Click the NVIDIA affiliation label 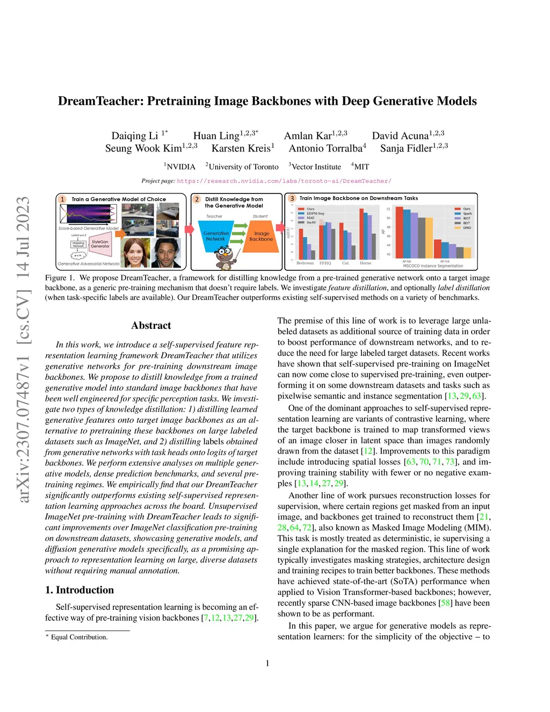pyautogui.click(x=180, y=167)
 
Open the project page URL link pyautogui.click(x=284, y=181)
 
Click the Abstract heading pyautogui.click(x=151, y=325)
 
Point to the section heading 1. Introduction pyautogui.click(x=79, y=589)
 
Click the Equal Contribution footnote pyautogui.click(x=79, y=637)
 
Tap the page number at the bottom pyautogui.click(x=267, y=663)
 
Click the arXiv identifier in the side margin pyautogui.click(x=23, y=349)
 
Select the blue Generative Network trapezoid pyautogui.click(x=216, y=236)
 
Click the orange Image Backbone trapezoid pyautogui.click(x=262, y=236)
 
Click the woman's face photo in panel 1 pyautogui.click(x=135, y=253)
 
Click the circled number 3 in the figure pyautogui.click(x=292, y=198)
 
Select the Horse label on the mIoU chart pyautogui.click(x=365, y=263)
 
